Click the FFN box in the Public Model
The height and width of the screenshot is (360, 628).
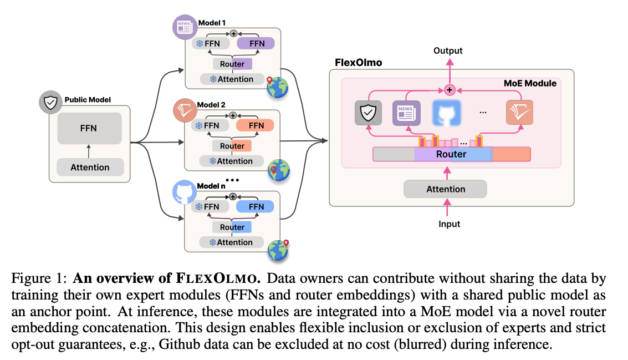point(89,128)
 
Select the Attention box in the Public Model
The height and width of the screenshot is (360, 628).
point(90,167)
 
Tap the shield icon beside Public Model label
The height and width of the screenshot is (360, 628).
point(50,103)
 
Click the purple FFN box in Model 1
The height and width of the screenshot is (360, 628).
point(256,43)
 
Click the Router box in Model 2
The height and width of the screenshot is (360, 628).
point(232,146)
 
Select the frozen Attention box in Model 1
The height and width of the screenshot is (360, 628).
point(232,79)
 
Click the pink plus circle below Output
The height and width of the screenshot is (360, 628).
point(450,89)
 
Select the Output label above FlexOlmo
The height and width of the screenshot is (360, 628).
point(448,51)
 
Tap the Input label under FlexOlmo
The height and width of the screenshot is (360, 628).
point(449,224)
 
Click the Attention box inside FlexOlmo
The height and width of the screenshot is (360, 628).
point(445,189)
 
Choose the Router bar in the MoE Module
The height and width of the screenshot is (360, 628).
point(451,154)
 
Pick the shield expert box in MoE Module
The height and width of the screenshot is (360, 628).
point(369,114)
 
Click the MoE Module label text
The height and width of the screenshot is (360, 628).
point(530,83)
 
